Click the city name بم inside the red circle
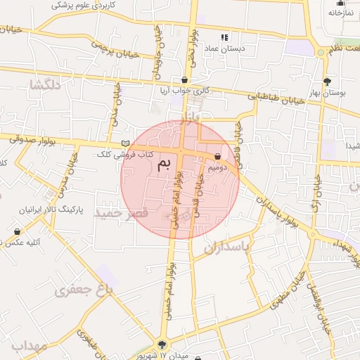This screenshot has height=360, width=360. point(164,165)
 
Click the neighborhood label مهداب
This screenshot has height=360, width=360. point(28,346)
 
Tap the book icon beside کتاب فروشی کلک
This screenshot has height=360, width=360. point(125,144)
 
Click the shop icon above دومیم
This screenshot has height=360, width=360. point(217,156)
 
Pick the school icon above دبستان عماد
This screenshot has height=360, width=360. point(224,37)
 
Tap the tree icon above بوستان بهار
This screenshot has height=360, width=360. point(326,81)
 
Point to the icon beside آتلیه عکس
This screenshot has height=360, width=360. point(17,231)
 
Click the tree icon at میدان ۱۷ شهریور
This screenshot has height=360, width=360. point(162,345)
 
